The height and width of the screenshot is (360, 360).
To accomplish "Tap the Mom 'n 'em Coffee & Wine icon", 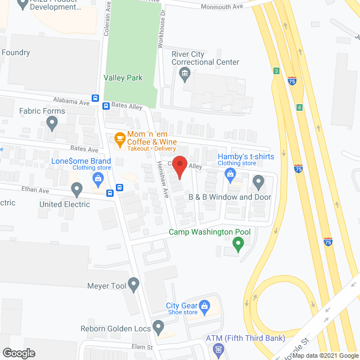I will [x=119, y=138].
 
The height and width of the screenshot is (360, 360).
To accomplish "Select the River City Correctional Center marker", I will [x=184, y=74].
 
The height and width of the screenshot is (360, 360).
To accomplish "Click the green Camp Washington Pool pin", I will [x=238, y=244].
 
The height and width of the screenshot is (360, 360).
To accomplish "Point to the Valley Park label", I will [x=123, y=78].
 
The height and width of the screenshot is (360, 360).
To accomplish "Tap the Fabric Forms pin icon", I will [x=52, y=123].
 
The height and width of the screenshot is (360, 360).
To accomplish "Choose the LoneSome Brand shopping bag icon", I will [x=98, y=179].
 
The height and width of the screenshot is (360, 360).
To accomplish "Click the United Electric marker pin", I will [x=77, y=188].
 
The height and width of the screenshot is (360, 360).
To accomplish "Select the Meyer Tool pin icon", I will [x=133, y=285].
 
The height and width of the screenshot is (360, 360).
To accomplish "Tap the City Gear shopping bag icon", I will [x=204, y=306].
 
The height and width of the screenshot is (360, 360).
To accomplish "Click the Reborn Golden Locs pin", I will [x=158, y=326].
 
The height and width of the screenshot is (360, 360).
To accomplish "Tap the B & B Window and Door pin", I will [x=258, y=182].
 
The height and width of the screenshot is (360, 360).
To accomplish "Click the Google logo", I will [x=18, y=353].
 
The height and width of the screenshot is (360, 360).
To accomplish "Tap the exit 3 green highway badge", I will [x=276, y=71].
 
